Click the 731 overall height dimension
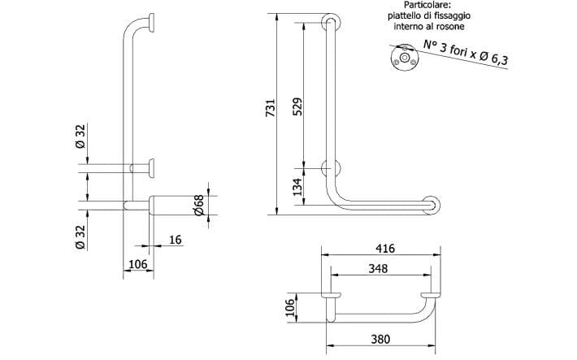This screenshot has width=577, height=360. pos(271,107)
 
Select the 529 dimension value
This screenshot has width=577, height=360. pos(297,106)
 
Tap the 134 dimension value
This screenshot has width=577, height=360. pos(297,187)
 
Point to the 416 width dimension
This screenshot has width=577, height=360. pos(385,249)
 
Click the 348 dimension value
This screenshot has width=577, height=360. pos(378,268)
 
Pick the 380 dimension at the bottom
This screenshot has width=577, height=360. pos(380,339)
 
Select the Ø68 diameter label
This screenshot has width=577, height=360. pos(198,205)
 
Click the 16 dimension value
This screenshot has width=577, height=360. pos(176,240)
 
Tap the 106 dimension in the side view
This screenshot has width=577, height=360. pos(138,264)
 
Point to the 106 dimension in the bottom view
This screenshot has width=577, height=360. pos(290,307)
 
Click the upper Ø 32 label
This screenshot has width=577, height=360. pos(80,137)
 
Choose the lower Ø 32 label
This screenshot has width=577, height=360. pos(80,237)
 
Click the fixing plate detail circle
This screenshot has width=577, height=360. pos(405,59)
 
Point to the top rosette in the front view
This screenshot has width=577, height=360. pos(331,23)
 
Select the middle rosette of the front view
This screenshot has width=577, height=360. pos(331,168)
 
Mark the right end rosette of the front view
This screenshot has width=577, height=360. pos(431,206)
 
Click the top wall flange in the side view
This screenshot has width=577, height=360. pos(152,23)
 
